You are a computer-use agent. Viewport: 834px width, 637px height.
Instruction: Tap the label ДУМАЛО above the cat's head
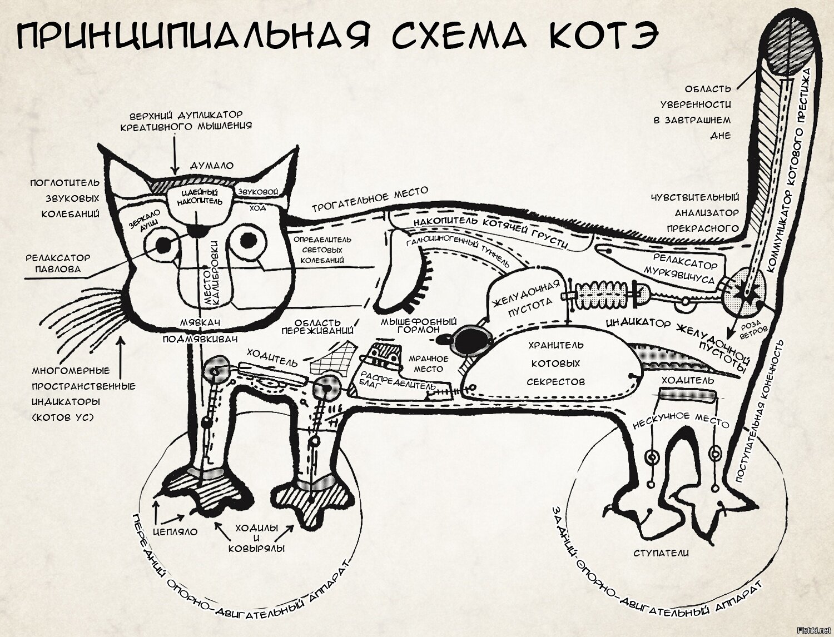click(212, 166)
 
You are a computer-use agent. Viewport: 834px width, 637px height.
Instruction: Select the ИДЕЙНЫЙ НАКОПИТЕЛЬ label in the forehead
click(200, 197)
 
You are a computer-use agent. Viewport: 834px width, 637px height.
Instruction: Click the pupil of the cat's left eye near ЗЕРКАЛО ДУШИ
click(163, 244)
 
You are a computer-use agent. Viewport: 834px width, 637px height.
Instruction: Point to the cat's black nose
click(196, 230)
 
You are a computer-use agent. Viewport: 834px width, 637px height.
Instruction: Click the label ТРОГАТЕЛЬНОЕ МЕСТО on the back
click(370, 199)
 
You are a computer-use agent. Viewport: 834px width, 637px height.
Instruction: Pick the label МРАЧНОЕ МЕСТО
click(428, 364)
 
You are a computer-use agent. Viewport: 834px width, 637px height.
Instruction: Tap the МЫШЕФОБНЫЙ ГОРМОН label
click(418, 325)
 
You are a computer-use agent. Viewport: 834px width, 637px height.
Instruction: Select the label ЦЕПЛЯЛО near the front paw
click(175, 531)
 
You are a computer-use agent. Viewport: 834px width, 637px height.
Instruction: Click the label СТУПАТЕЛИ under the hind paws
click(661, 553)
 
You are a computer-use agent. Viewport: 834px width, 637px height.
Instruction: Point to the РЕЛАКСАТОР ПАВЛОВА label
click(57, 263)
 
